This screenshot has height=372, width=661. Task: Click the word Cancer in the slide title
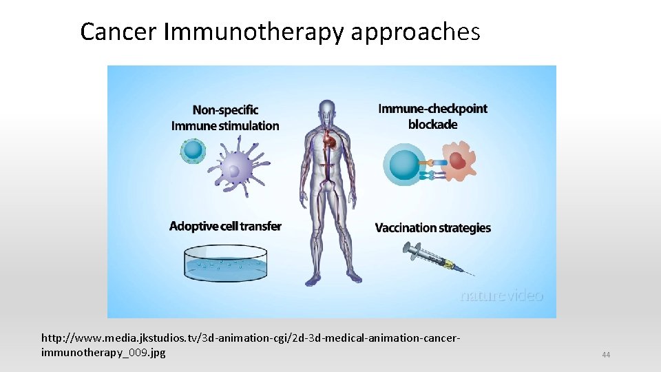point(119,32)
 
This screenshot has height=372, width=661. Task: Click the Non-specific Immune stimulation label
point(225,118)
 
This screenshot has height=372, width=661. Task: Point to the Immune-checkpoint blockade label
point(432,116)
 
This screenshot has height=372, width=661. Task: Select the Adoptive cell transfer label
point(225,227)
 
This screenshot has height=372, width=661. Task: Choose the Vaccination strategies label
point(432,228)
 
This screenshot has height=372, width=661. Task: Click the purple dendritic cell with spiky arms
point(240,169)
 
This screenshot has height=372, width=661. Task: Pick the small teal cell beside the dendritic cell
point(193,149)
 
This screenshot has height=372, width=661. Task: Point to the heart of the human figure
point(333,142)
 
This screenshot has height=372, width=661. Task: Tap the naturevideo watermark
point(501,296)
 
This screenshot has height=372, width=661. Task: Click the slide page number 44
point(606,355)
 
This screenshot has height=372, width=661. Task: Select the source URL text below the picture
point(248,345)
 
